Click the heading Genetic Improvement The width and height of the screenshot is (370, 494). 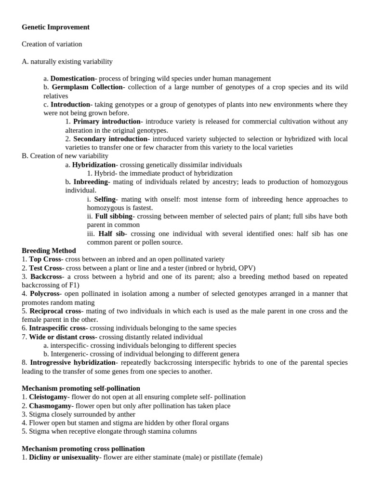click(55, 27)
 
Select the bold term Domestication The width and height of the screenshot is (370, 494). click(73, 78)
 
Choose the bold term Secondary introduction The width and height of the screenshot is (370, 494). click(110, 139)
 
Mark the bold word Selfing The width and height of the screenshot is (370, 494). click(105, 199)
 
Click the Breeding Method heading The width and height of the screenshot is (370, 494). click(49, 251)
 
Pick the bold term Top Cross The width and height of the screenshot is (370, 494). click(45, 260)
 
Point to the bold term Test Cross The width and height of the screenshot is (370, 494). click(45, 268)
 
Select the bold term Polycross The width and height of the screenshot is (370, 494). click(45, 293)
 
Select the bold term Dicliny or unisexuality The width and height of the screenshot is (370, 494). click(64, 457)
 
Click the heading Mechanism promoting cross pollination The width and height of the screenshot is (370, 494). click(83, 449)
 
